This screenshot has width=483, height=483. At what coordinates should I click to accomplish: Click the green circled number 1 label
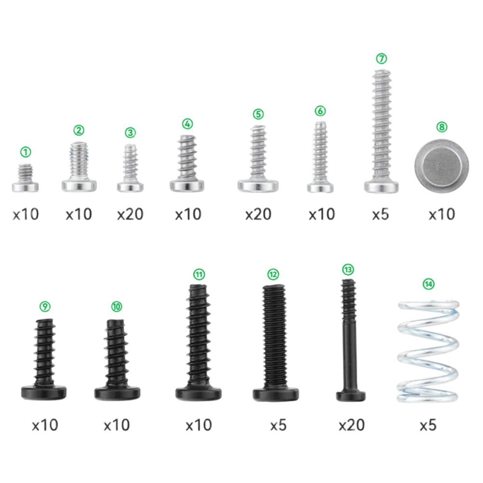pos(26,152)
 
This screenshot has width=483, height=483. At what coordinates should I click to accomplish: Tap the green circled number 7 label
pos(382,58)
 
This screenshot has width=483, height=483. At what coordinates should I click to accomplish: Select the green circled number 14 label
pos(428,284)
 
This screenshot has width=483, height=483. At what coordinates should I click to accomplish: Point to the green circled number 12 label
pos(273,274)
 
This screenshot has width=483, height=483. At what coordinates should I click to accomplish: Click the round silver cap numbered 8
pos(442,165)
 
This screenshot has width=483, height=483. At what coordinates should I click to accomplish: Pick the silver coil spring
pos(428,352)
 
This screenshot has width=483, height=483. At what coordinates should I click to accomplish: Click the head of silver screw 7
pos(382,186)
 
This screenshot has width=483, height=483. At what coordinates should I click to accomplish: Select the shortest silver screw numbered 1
pos(25,178)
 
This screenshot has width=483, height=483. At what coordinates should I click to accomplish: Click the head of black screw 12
pos(276,395)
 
